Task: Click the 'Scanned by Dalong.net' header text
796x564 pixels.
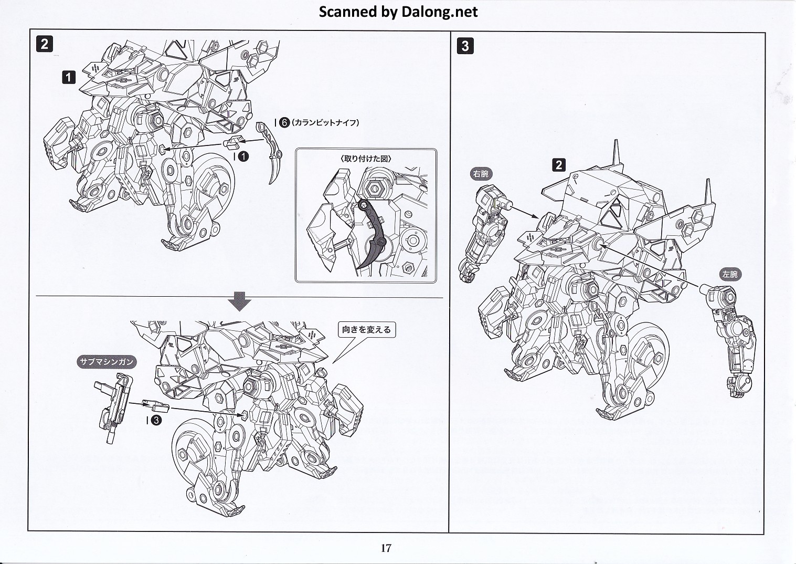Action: tap(398, 12)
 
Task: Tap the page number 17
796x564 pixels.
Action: tap(386, 548)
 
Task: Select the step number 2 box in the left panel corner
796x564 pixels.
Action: tap(45, 44)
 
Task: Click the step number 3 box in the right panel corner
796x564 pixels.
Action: tap(465, 46)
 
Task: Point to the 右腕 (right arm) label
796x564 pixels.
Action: tap(482, 173)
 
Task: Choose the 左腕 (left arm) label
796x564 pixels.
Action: tap(729, 274)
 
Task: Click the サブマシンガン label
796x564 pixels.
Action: tap(107, 361)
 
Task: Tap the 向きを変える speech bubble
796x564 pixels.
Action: tap(366, 330)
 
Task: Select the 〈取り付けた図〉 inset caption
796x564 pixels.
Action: tap(366, 158)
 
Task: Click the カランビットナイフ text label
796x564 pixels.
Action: tap(325, 122)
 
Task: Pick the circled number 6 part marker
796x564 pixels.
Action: tap(283, 122)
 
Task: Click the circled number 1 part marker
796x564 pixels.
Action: tap(243, 156)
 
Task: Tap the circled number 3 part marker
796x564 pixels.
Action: tap(156, 420)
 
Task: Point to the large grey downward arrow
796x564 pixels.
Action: tap(240, 301)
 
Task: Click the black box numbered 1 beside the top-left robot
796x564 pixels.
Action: tap(69, 78)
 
